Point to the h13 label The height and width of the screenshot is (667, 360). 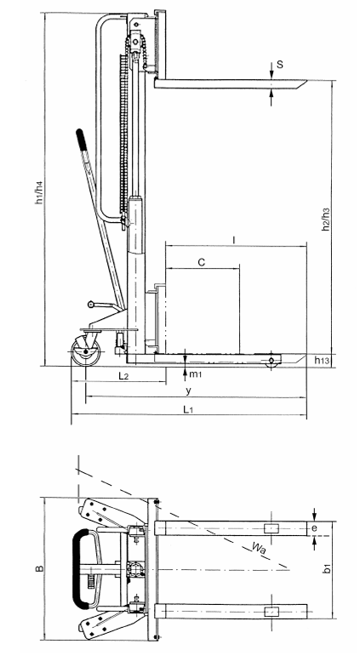tap(322, 361)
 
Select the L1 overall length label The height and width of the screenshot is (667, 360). tap(194, 410)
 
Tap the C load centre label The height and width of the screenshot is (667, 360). tap(201, 263)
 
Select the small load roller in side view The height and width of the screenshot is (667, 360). tap(271, 362)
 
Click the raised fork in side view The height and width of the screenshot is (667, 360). tap(230, 84)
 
